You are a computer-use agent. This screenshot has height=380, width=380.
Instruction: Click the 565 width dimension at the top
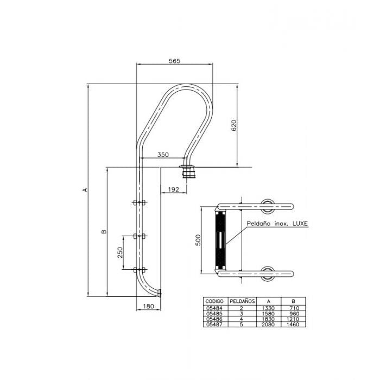click(x=174, y=61)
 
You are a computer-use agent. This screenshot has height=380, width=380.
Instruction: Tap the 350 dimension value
click(x=163, y=155)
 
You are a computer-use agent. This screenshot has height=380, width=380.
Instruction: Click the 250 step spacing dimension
click(x=121, y=252)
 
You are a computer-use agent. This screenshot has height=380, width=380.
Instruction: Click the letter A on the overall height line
click(x=85, y=190)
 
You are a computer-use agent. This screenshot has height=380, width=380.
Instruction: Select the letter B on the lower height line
click(x=104, y=232)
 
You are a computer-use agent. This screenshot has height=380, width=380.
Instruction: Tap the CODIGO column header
click(x=213, y=300)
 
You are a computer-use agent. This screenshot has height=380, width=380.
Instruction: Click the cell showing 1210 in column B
click(x=292, y=319)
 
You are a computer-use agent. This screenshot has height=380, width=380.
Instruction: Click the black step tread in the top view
click(x=221, y=239)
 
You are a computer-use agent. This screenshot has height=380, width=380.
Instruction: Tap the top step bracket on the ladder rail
click(x=140, y=203)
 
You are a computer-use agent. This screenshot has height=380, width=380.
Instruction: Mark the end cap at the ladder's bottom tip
click(x=161, y=294)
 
